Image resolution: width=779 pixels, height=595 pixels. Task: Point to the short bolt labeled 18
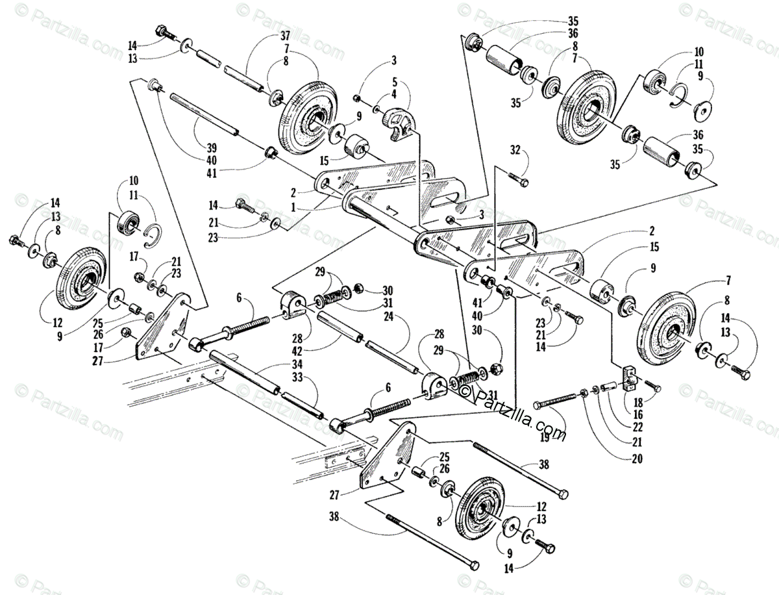[651, 387]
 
